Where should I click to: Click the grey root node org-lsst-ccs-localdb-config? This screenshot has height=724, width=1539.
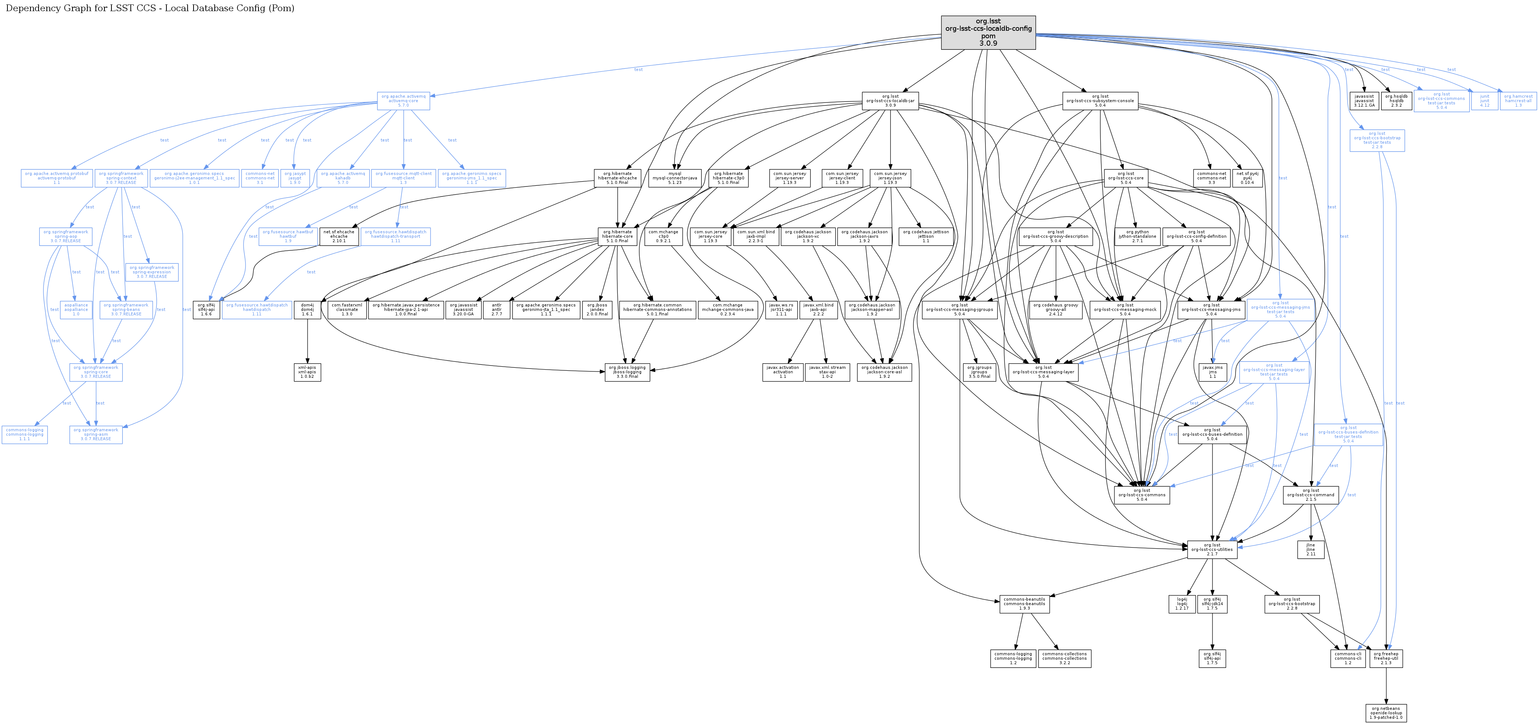coord(988,32)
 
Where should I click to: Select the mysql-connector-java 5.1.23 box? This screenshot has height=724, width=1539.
coord(675,178)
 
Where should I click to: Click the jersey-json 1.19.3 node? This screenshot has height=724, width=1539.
coord(890,178)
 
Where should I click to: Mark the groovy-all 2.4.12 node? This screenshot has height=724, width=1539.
coord(1056,309)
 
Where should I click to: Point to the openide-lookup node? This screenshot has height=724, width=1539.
coord(1386,712)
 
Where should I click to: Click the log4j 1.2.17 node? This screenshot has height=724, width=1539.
coord(1182,604)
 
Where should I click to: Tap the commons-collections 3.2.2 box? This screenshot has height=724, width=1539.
coord(1065,658)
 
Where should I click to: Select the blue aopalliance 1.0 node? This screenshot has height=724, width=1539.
coord(76,309)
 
